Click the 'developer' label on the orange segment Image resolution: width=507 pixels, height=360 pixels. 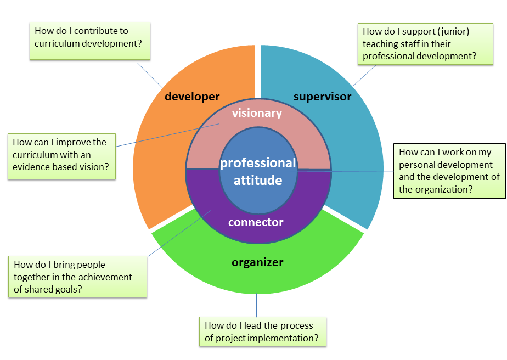tap(192, 97)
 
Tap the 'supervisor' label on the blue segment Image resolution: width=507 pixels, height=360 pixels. tap(322, 97)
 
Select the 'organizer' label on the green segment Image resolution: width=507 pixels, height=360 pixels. tap(257, 262)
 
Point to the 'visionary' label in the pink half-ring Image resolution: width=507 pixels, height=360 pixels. tap(257, 114)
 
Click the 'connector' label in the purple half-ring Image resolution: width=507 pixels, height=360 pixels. tap(256, 222)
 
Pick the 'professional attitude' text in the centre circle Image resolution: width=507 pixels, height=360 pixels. tap(258, 171)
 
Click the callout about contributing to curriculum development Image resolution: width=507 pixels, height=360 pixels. tap(89, 41)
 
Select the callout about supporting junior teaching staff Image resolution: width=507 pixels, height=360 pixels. tap(419, 43)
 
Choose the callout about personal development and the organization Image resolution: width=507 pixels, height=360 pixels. tap(449, 171)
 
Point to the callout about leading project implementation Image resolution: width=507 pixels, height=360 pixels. tap(262, 331)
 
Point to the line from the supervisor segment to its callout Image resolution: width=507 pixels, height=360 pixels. tap(365, 75)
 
